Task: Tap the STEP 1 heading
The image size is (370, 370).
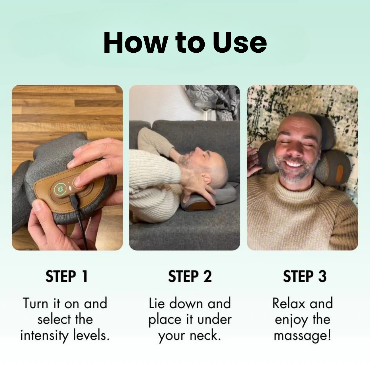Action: [x=67, y=276]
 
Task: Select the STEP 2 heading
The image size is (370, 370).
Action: [x=190, y=276]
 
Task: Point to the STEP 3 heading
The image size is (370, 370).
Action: [x=305, y=276]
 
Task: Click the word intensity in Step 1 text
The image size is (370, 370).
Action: [x=45, y=336]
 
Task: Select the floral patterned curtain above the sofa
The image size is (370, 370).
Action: [x=216, y=102]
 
